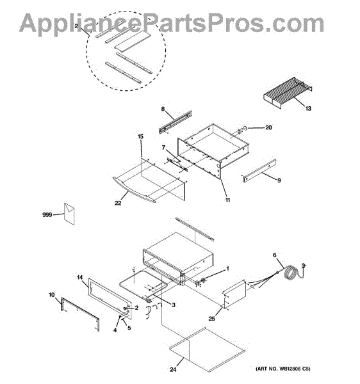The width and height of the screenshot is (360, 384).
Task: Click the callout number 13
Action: [308, 108]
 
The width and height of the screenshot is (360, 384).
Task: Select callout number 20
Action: [268, 127]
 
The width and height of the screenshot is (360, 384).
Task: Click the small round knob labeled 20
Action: [245, 129]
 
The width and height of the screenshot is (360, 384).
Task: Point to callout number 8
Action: [163, 109]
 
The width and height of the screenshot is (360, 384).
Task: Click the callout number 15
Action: [140, 136]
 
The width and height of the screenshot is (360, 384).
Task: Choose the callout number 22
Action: [118, 203]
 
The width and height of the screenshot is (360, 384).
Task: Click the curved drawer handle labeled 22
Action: [134, 191]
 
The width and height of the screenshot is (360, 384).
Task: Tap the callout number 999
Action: [47, 215]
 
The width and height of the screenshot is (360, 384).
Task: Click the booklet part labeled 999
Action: [69, 213]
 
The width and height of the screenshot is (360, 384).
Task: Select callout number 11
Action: [227, 200]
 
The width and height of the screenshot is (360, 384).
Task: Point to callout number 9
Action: [279, 180]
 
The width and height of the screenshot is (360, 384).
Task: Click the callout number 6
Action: [274, 255]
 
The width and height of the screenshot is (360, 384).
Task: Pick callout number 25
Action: [211, 318]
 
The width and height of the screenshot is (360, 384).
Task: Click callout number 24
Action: [173, 369]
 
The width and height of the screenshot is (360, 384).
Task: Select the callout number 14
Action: [80, 277]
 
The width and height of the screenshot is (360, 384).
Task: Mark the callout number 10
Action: [52, 295]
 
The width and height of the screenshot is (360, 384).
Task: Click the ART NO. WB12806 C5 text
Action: [282, 369]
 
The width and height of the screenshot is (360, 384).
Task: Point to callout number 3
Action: [174, 305]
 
